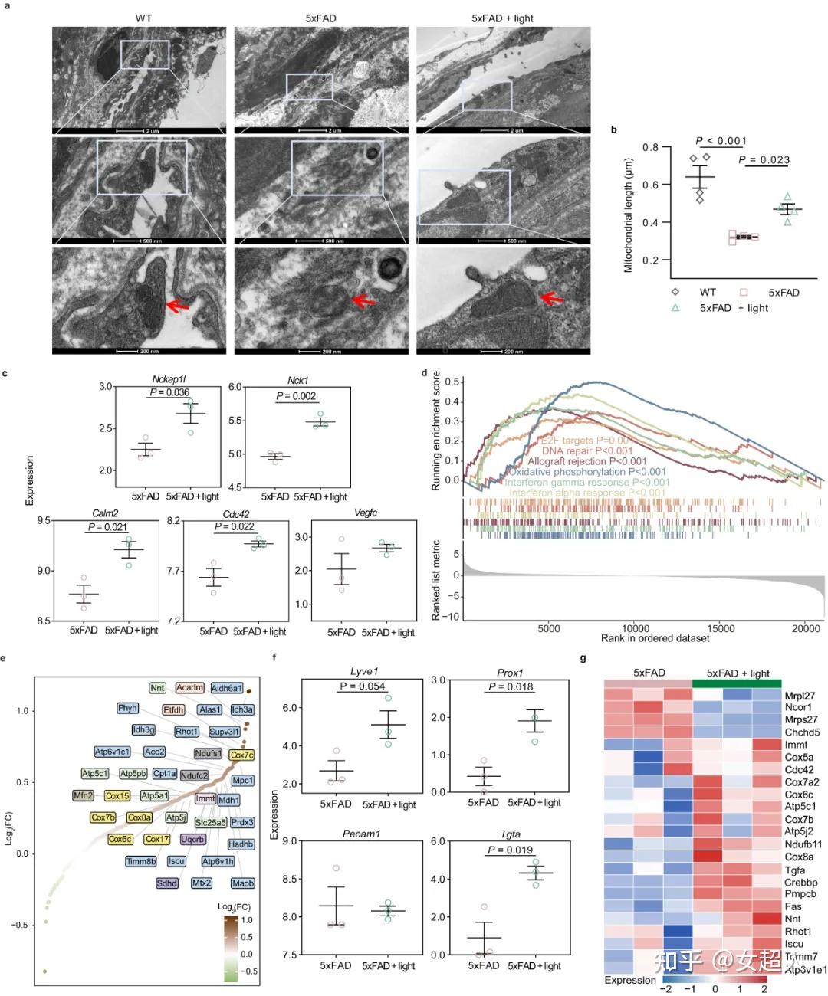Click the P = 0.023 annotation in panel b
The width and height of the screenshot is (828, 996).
pyautogui.click(x=764, y=159)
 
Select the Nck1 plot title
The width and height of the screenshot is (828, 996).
pyautogui.click(x=298, y=380)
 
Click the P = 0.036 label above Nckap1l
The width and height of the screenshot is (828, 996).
pyautogui.click(x=169, y=392)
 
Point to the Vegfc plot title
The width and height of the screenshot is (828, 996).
pyautogui.click(x=366, y=513)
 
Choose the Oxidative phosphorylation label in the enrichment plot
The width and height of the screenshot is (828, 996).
pyautogui.click(x=587, y=472)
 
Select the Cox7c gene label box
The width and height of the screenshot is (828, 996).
pyautogui.click(x=242, y=755)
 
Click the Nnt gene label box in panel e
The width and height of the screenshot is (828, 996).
pyautogui.click(x=157, y=688)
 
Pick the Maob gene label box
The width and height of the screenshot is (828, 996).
pyautogui.click(x=242, y=883)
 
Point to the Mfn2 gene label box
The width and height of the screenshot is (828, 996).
pyautogui.click(x=83, y=795)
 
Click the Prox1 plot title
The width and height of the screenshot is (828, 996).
pyautogui.click(x=510, y=673)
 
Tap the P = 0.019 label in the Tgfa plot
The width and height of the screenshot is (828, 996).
pyautogui.click(x=510, y=850)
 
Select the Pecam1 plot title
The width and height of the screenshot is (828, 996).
pyautogui.click(x=361, y=834)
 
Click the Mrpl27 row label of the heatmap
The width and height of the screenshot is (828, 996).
pyautogui.click(x=800, y=696)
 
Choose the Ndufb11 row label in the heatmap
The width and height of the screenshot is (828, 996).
pyautogui.click(x=803, y=844)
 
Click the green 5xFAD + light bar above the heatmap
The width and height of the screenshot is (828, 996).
pyautogui.click(x=737, y=683)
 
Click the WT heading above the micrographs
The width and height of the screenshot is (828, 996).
pyautogui.click(x=143, y=18)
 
